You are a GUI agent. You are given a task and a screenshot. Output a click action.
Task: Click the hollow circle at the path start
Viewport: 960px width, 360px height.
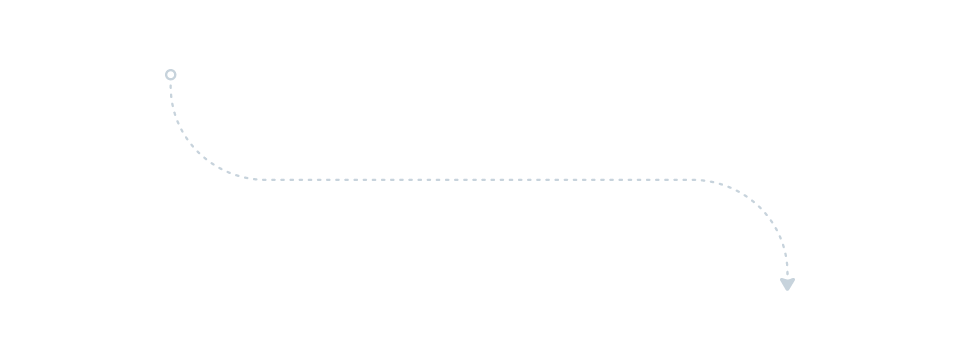click(171, 75)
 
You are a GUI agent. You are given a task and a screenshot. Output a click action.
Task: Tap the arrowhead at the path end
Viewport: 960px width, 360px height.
click(787, 284)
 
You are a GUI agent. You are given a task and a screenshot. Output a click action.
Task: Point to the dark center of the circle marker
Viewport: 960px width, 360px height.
click(171, 75)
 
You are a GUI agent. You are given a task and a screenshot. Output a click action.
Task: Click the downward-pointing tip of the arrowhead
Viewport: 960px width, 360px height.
click(787, 291)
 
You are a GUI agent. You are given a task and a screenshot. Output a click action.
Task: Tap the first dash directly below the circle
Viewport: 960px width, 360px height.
click(171, 86)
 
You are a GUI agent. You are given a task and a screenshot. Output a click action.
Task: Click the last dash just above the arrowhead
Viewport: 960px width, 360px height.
click(787, 273)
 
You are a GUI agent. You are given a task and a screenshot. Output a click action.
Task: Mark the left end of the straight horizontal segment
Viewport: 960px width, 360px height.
click(250, 180)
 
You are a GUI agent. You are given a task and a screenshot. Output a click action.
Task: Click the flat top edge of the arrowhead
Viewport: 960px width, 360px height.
click(787, 279)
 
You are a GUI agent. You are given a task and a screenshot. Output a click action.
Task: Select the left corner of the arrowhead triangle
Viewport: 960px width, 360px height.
click(780, 279)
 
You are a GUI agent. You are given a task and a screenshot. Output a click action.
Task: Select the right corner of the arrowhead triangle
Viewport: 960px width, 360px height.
click(795, 279)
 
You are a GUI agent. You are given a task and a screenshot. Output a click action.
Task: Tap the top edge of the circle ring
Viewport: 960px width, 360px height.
click(171, 69)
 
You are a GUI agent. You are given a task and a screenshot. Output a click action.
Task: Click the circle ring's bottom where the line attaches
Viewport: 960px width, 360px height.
click(171, 81)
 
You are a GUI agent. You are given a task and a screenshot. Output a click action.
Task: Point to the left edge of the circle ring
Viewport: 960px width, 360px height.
click(165, 75)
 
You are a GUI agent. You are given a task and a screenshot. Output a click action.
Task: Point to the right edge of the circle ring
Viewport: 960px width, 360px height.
click(177, 75)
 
